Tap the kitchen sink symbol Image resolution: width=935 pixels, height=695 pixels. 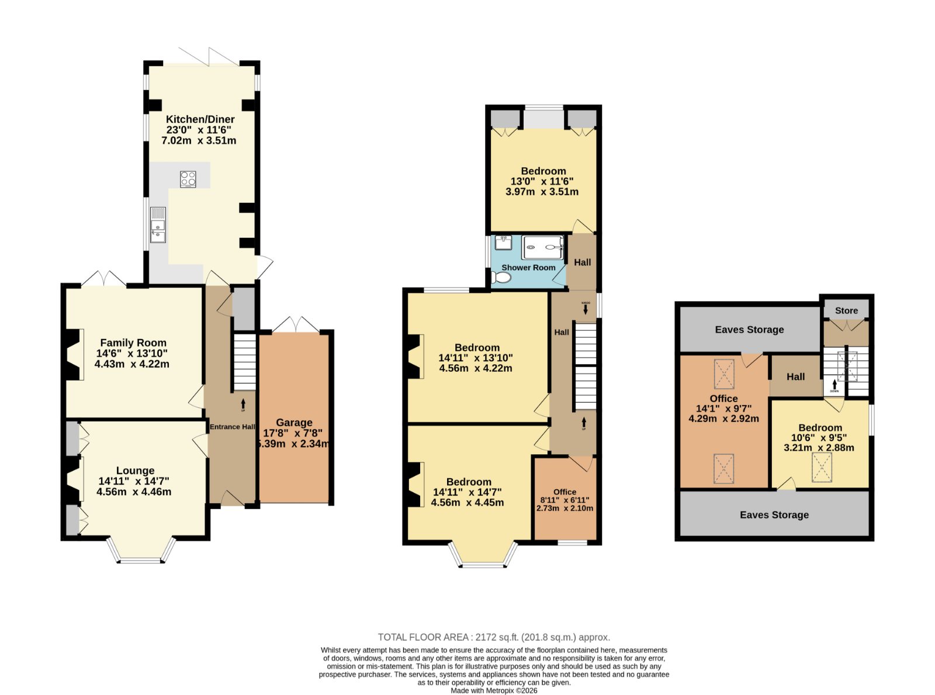click(x=158, y=225)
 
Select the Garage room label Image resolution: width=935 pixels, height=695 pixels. click(x=295, y=422)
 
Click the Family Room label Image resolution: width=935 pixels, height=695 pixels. click(x=133, y=343)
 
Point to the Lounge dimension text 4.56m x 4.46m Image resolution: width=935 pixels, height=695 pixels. click(x=134, y=492)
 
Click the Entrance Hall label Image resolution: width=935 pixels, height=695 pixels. click(x=232, y=427)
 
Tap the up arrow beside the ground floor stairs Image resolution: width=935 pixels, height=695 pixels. click(x=243, y=404)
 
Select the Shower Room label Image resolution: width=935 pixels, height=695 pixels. click(x=528, y=267)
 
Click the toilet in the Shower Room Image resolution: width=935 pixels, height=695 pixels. click(x=501, y=277)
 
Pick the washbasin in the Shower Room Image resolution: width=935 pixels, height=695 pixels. click(x=503, y=243)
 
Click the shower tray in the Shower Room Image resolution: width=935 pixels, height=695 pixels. click(x=542, y=247)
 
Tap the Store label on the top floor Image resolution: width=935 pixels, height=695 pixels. click(x=846, y=310)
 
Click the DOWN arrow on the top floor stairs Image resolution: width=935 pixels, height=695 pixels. click(x=834, y=385)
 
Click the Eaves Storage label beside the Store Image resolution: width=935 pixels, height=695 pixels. click(x=749, y=329)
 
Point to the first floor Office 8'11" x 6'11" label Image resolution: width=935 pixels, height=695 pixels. click(x=565, y=500)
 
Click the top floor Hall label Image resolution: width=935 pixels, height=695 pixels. click(x=795, y=376)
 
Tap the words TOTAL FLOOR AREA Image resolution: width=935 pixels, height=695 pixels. click(x=423, y=637)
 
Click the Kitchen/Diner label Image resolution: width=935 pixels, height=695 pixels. click(x=200, y=119)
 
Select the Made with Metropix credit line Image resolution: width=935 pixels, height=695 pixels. click(x=494, y=691)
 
